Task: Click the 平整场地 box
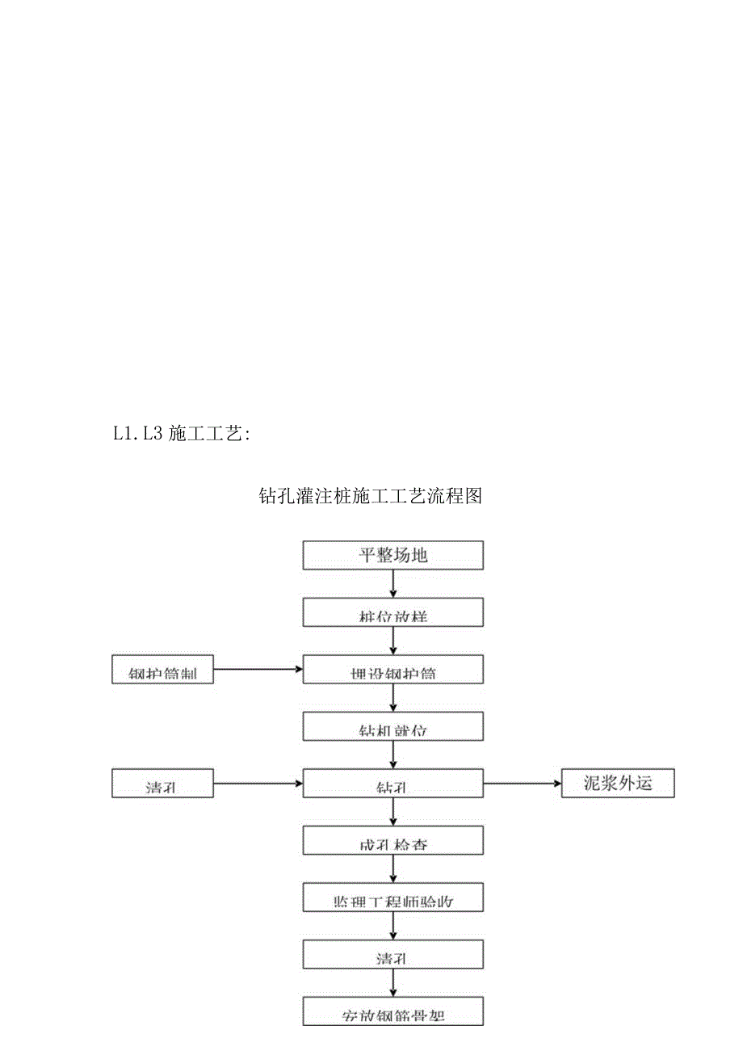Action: [x=392, y=556]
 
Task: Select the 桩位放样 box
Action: [x=392, y=612]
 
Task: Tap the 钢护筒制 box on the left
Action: [x=162, y=670]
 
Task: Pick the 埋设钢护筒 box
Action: [x=392, y=670]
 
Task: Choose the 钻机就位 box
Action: [x=392, y=726]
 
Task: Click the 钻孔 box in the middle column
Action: [x=392, y=783]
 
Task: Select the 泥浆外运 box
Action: [x=618, y=783]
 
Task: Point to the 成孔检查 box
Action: [x=392, y=840]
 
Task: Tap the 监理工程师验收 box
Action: [x=392, y=897]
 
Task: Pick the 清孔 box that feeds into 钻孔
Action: [x=162, y=783]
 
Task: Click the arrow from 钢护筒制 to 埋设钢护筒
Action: [x=258, y=669]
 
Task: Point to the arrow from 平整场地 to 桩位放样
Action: [x=392, y=584]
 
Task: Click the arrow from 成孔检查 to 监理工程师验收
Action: [x=392, y=868]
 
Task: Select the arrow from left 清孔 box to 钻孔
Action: [x=258, y=783]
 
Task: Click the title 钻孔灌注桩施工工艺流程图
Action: [x=370, y=496]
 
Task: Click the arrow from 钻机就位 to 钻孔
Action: [x=392, y=755]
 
